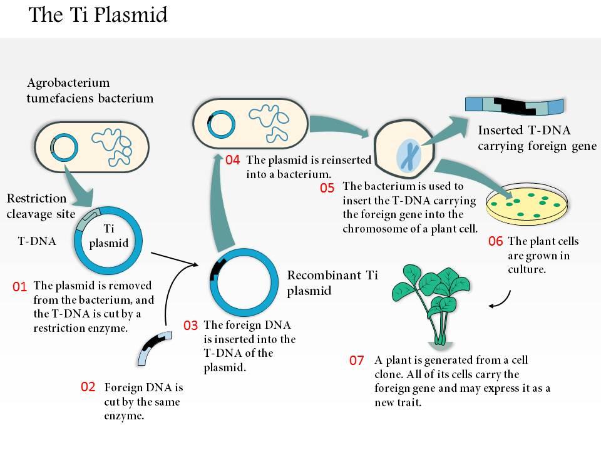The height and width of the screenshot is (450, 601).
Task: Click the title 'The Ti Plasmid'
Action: tap(98, 14)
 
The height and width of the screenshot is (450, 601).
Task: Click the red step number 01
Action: tap(20, 287)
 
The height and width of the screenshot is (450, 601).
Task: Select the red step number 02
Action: tap(88, 387)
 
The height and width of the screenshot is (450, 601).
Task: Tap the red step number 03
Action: tap(191, 326)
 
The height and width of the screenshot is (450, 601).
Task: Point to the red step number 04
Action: tap(233, 160)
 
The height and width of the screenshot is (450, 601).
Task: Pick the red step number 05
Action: tap(327, 187)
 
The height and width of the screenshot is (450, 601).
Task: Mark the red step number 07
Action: tap(357, 361)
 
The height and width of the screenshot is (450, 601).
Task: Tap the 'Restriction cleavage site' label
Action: tap(36, 205)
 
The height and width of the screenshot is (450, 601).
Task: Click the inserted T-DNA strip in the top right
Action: tap(515, 106)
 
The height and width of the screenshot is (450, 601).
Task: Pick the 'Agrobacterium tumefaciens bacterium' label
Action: tap(90, 91)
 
